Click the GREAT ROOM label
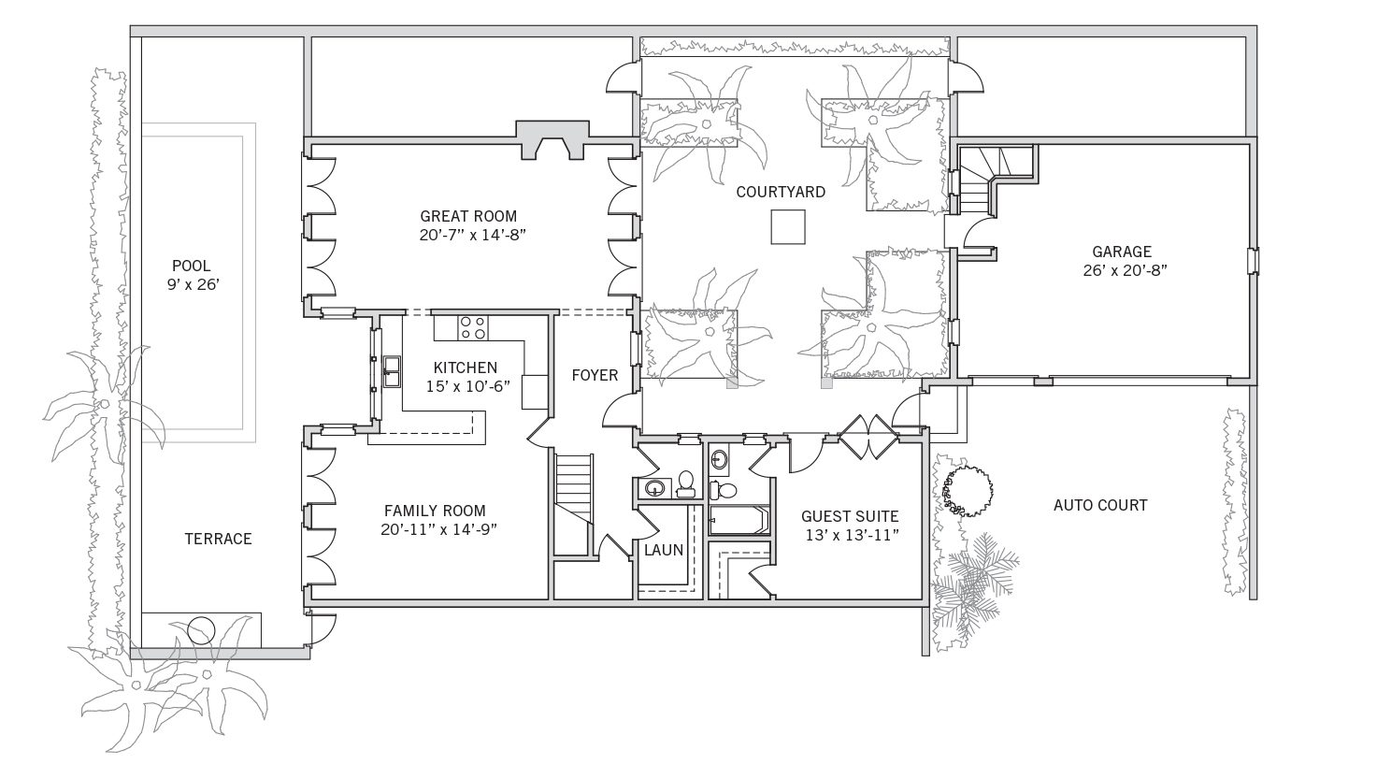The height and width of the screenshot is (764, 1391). click(x=468, y=216)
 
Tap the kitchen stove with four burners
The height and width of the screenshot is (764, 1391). click(x=473, y=327)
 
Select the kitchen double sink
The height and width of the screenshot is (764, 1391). click(x=392, y=371)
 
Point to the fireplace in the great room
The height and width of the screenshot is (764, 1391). click(x=552, y=140)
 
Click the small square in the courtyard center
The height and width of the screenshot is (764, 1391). click(x=788, y=226)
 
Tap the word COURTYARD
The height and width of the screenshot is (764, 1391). click(x=781, y=192)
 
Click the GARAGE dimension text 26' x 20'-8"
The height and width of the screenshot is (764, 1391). click(x=1126, y=271)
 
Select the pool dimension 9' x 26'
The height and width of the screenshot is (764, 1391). click(x=194, y=285)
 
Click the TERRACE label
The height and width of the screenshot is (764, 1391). click(x=218, y=539)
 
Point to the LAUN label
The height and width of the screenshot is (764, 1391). click(x=663, y=550)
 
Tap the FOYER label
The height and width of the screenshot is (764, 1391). click(x=595, y=375)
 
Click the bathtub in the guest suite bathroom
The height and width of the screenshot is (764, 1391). click(x=739, y=520)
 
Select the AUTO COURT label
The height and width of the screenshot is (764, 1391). click(x=1100, y=505)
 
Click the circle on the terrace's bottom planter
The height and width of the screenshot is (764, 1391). click(x=201, y=630)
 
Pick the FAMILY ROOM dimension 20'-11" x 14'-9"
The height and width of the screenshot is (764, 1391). click(x=439, y=530)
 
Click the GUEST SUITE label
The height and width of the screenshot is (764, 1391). click(x=850, y=516)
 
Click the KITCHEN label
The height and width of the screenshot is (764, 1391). click(x=466, y=368)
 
